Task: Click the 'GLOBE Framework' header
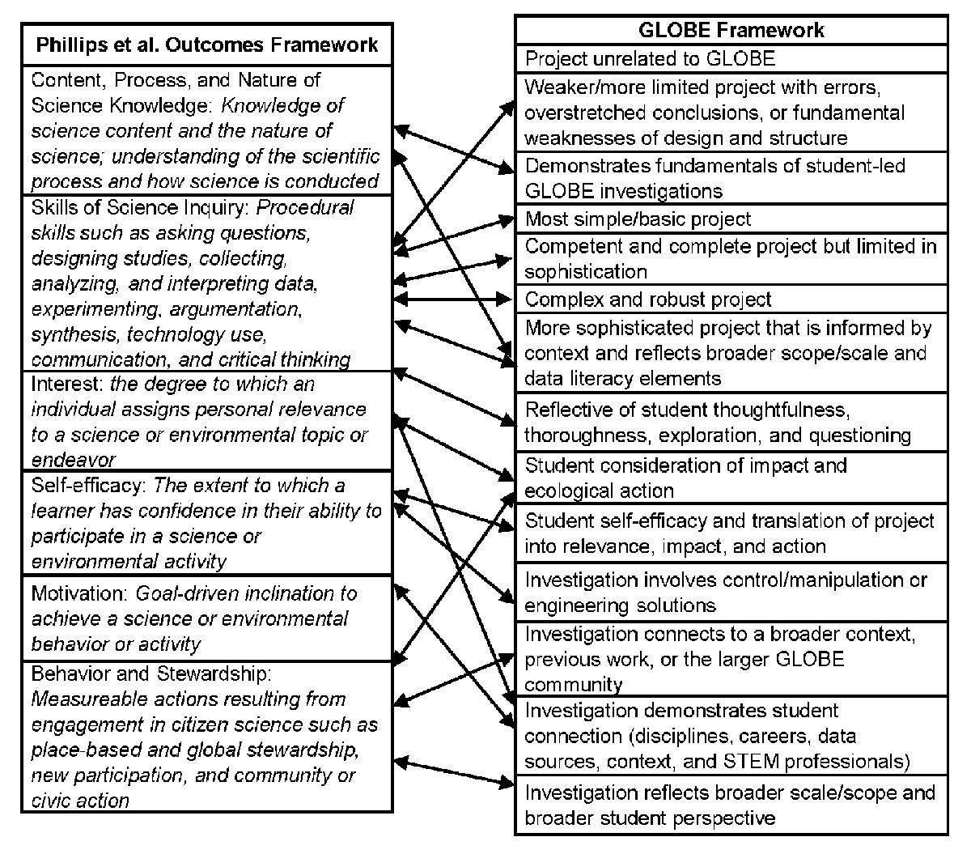point(731,31)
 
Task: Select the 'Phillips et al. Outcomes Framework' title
point(207,45)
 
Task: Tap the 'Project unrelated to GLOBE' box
point(650,58)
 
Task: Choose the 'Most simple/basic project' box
point(638,219)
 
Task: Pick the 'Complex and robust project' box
point(648,300)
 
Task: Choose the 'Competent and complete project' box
point(730,258)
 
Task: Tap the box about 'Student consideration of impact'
point(685,478)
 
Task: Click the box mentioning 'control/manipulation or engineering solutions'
point(725,592)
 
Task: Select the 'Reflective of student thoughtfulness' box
point(717,422)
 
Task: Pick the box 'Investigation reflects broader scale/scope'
point(729,805)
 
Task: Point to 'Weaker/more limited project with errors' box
point(714,112)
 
